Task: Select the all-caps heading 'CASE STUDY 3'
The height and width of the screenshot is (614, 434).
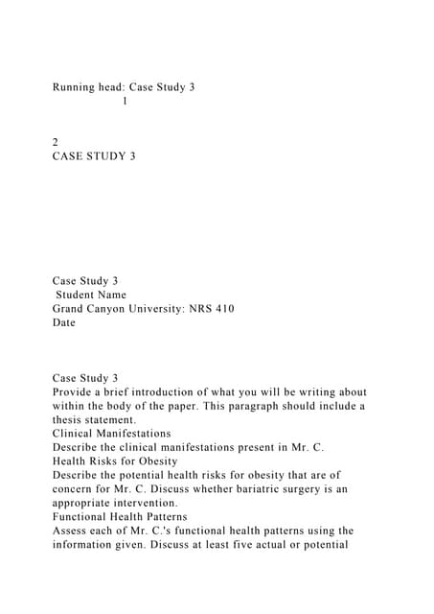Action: (93, 155)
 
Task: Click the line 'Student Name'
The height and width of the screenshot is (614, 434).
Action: (91, 295)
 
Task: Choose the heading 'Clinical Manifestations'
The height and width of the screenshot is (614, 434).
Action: (111, 434)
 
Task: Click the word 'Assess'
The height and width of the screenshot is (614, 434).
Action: (71, 531)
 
